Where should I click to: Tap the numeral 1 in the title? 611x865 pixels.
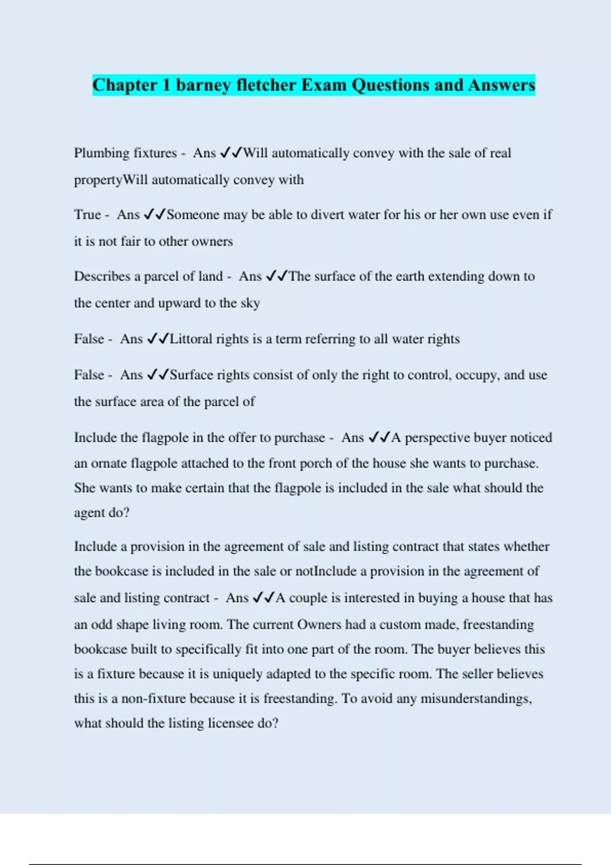tap(166, 85)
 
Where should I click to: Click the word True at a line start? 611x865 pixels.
tap(87, 215)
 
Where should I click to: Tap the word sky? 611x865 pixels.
tap(250, 303)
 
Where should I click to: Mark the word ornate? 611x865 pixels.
tap(109, 464)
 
